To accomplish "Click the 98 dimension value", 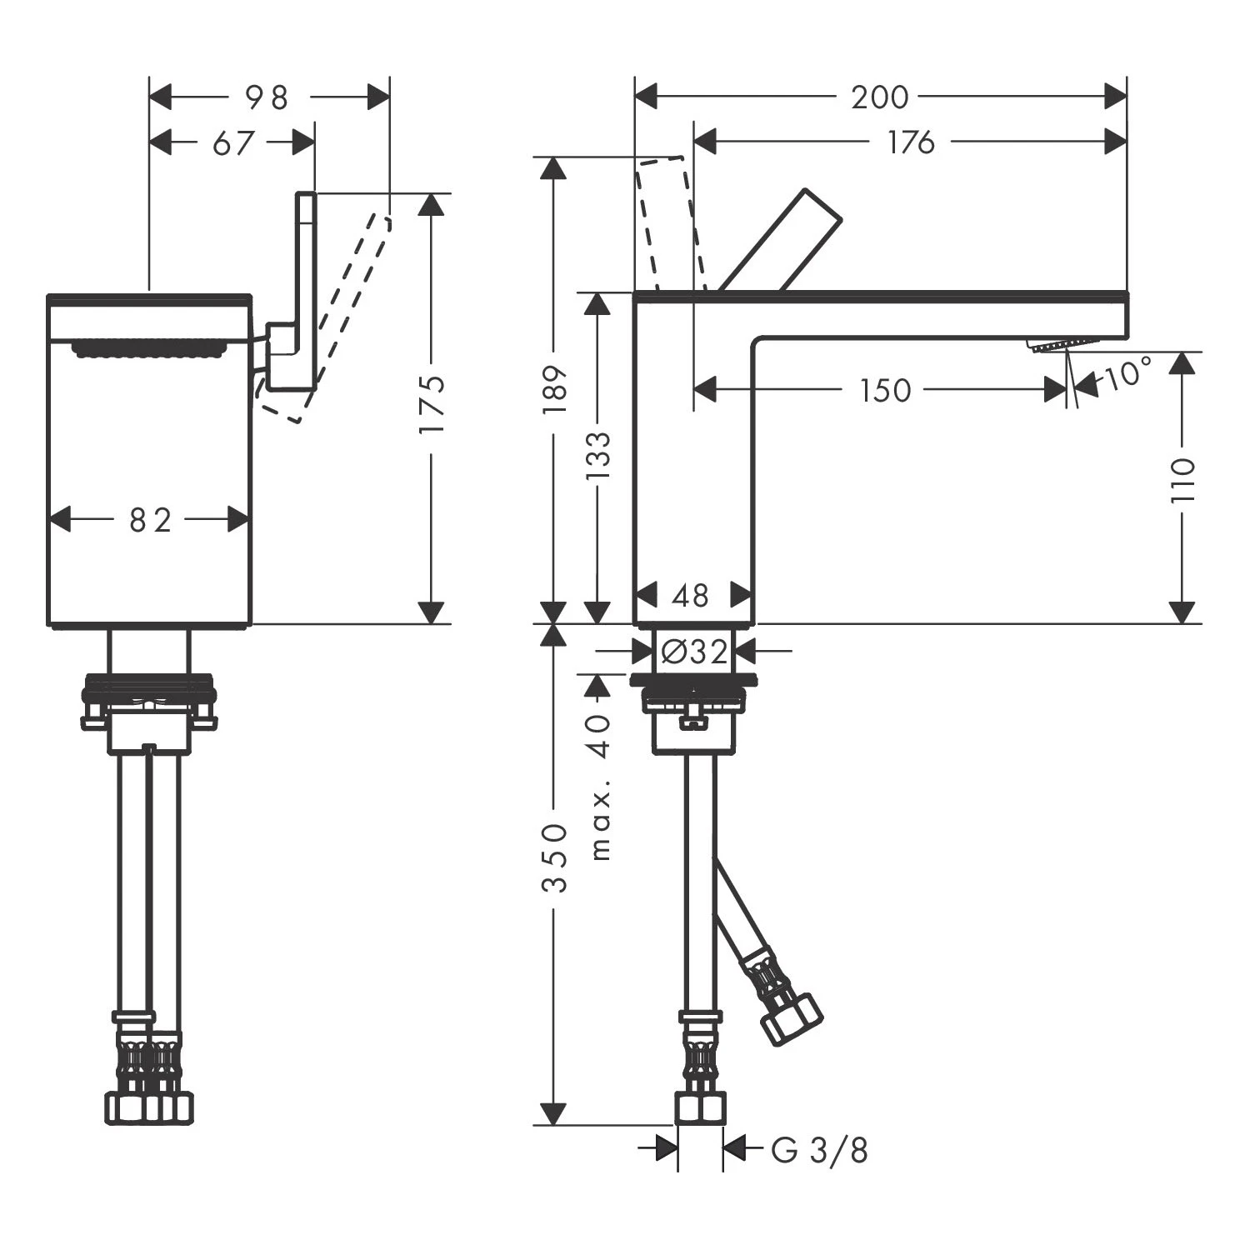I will click(267, 97).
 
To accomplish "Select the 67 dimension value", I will click(232, 142).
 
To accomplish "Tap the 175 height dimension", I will click(432, 405).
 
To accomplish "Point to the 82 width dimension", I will click(151, 521).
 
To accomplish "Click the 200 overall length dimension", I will click(879, 97).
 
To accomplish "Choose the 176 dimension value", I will click(911, 142).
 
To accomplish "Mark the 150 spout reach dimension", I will click(885, 389).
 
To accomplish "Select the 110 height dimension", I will click(1182, 479).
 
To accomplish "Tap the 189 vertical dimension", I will click(554, 388).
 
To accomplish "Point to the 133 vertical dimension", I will click(597, 456).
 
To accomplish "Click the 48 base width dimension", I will click(691, 596).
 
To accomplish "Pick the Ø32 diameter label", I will click(694, 652).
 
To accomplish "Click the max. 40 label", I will click(600, 787).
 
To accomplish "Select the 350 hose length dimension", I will click(554, 858).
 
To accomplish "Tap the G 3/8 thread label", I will click(819, 1151).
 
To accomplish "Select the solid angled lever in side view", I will click(781, 242).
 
